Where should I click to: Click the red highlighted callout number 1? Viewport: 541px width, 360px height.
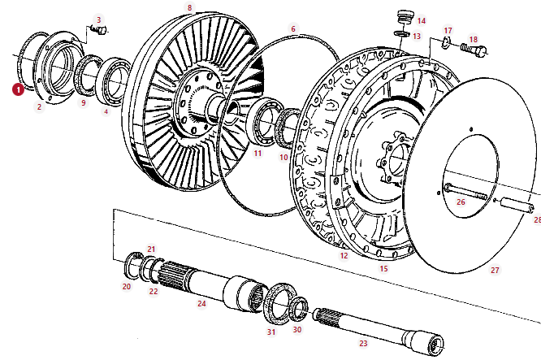coord(18,89)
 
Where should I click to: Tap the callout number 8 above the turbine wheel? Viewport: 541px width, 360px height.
coord(189,7)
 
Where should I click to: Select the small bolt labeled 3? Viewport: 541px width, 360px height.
coord(100,30)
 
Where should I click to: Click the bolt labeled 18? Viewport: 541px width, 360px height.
coord(474,50)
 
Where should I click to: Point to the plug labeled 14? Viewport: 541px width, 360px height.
coord(404,17)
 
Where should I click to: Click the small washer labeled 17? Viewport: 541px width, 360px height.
coord(447,43)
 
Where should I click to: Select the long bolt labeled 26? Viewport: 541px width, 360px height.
coord(465,192)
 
